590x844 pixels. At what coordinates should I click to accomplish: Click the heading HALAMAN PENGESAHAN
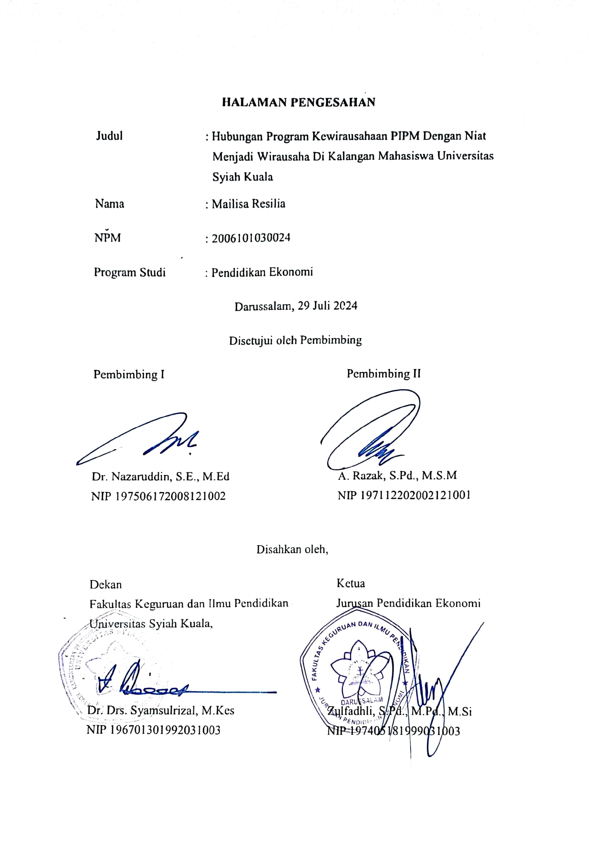tap(298, 102)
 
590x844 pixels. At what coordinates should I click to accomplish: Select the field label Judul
tap(109, 136)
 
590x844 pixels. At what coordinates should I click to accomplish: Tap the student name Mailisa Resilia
tap(249, 204)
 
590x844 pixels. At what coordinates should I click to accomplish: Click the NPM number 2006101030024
tap(251, 238)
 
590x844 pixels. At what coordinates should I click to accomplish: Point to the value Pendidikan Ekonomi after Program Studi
tap(262, 272)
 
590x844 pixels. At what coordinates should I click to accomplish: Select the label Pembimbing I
tap(129, 375)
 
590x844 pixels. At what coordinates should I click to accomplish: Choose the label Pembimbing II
tap(384, 374)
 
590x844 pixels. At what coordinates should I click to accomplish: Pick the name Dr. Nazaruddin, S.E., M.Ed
tap(160, 477)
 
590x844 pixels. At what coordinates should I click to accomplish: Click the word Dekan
tap(105, 584)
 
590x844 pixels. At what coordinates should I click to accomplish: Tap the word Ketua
tap(350, 583)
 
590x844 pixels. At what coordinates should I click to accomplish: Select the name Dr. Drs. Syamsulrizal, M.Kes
tap(161, 710)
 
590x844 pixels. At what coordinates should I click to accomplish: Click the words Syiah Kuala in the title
tap(243, 177)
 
